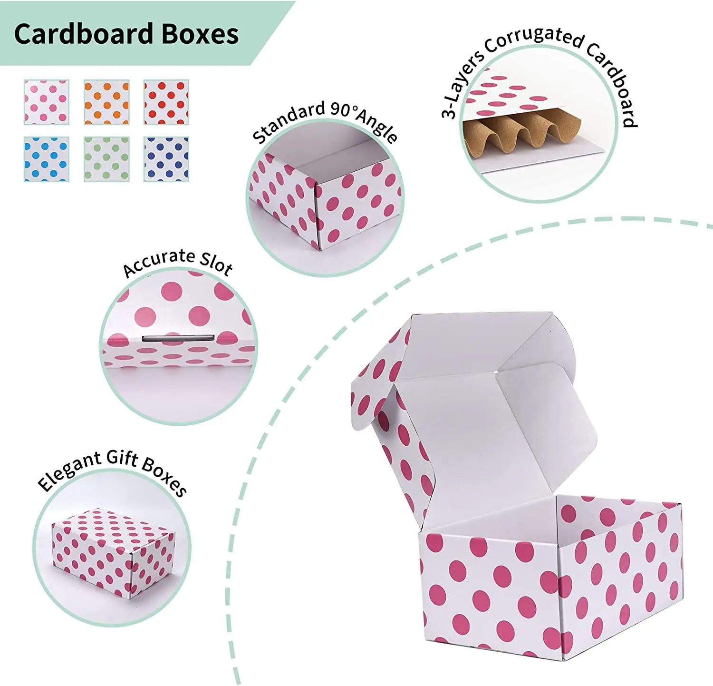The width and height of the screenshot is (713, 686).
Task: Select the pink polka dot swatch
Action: pyautogui.click(x=47, y=102)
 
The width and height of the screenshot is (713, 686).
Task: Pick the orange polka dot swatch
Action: pyautogui.click(x=106, y=102)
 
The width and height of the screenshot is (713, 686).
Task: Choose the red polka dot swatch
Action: pyautogui.click(x=166, y=102)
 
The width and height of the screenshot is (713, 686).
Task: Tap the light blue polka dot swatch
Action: pyautogui.click(x=47, y=159)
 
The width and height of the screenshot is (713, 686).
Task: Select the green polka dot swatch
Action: pyautogui.click(x=106, y=159)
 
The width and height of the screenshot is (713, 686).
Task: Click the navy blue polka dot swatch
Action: pyautogui.click(x=166, y=159)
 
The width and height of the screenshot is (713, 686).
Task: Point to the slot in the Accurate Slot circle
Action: pyautogui.click(x=178, y=338)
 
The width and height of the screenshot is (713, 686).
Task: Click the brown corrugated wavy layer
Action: pyautogui.click(x=522, y=135)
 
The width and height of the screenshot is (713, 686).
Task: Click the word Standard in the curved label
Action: pyautogui.click(x=288, y=122)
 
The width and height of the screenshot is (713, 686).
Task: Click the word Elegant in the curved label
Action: pyautogui.click(x=69, y=470)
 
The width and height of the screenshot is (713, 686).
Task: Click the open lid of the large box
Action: pyautogui.click(x=475, y=409)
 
